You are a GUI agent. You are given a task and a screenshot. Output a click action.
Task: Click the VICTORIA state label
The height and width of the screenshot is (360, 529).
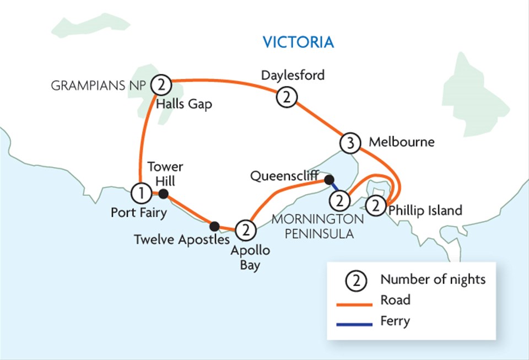[298, 42]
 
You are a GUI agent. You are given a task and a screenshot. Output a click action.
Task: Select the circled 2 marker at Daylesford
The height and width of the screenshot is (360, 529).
[287, 98]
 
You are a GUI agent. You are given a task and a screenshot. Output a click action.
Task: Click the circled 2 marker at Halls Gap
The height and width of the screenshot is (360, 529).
[161, 84]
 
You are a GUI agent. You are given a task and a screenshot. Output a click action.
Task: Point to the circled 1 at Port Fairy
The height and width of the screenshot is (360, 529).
[141, 193]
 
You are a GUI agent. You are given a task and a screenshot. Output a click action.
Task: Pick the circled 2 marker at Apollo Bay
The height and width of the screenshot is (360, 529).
[245, 228]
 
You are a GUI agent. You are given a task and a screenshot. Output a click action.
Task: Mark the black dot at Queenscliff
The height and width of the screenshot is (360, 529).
[328, 179]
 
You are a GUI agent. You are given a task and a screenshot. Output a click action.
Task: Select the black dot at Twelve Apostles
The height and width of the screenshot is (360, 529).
[215, 225]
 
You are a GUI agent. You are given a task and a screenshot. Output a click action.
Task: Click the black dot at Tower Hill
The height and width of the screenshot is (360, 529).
[163, 193]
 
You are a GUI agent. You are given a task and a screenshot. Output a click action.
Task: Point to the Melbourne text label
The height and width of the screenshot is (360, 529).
[401, 142]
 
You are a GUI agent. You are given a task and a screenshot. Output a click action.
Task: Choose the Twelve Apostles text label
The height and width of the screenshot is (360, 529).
[182, 240]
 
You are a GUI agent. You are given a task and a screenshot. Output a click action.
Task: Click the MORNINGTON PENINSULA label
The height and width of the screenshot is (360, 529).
[317, 226]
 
